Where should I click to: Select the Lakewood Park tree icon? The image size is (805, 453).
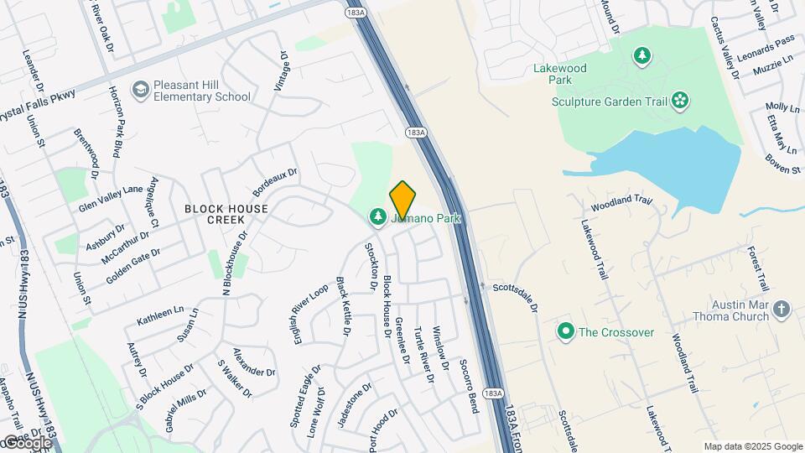point(642,56)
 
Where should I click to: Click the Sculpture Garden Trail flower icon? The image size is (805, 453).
point(679,102)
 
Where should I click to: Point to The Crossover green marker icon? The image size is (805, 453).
point(566,332)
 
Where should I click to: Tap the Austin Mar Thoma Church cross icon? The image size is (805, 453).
point(782,310)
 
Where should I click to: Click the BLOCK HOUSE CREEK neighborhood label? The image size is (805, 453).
point(226,214)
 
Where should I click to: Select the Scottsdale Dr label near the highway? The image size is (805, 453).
point(514,296)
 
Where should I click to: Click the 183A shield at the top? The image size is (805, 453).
point(352,13)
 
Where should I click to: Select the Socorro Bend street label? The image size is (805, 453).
point(468,386)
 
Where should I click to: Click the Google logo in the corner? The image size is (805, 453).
point(27,442)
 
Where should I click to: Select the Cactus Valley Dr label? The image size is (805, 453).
point(724,47)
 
